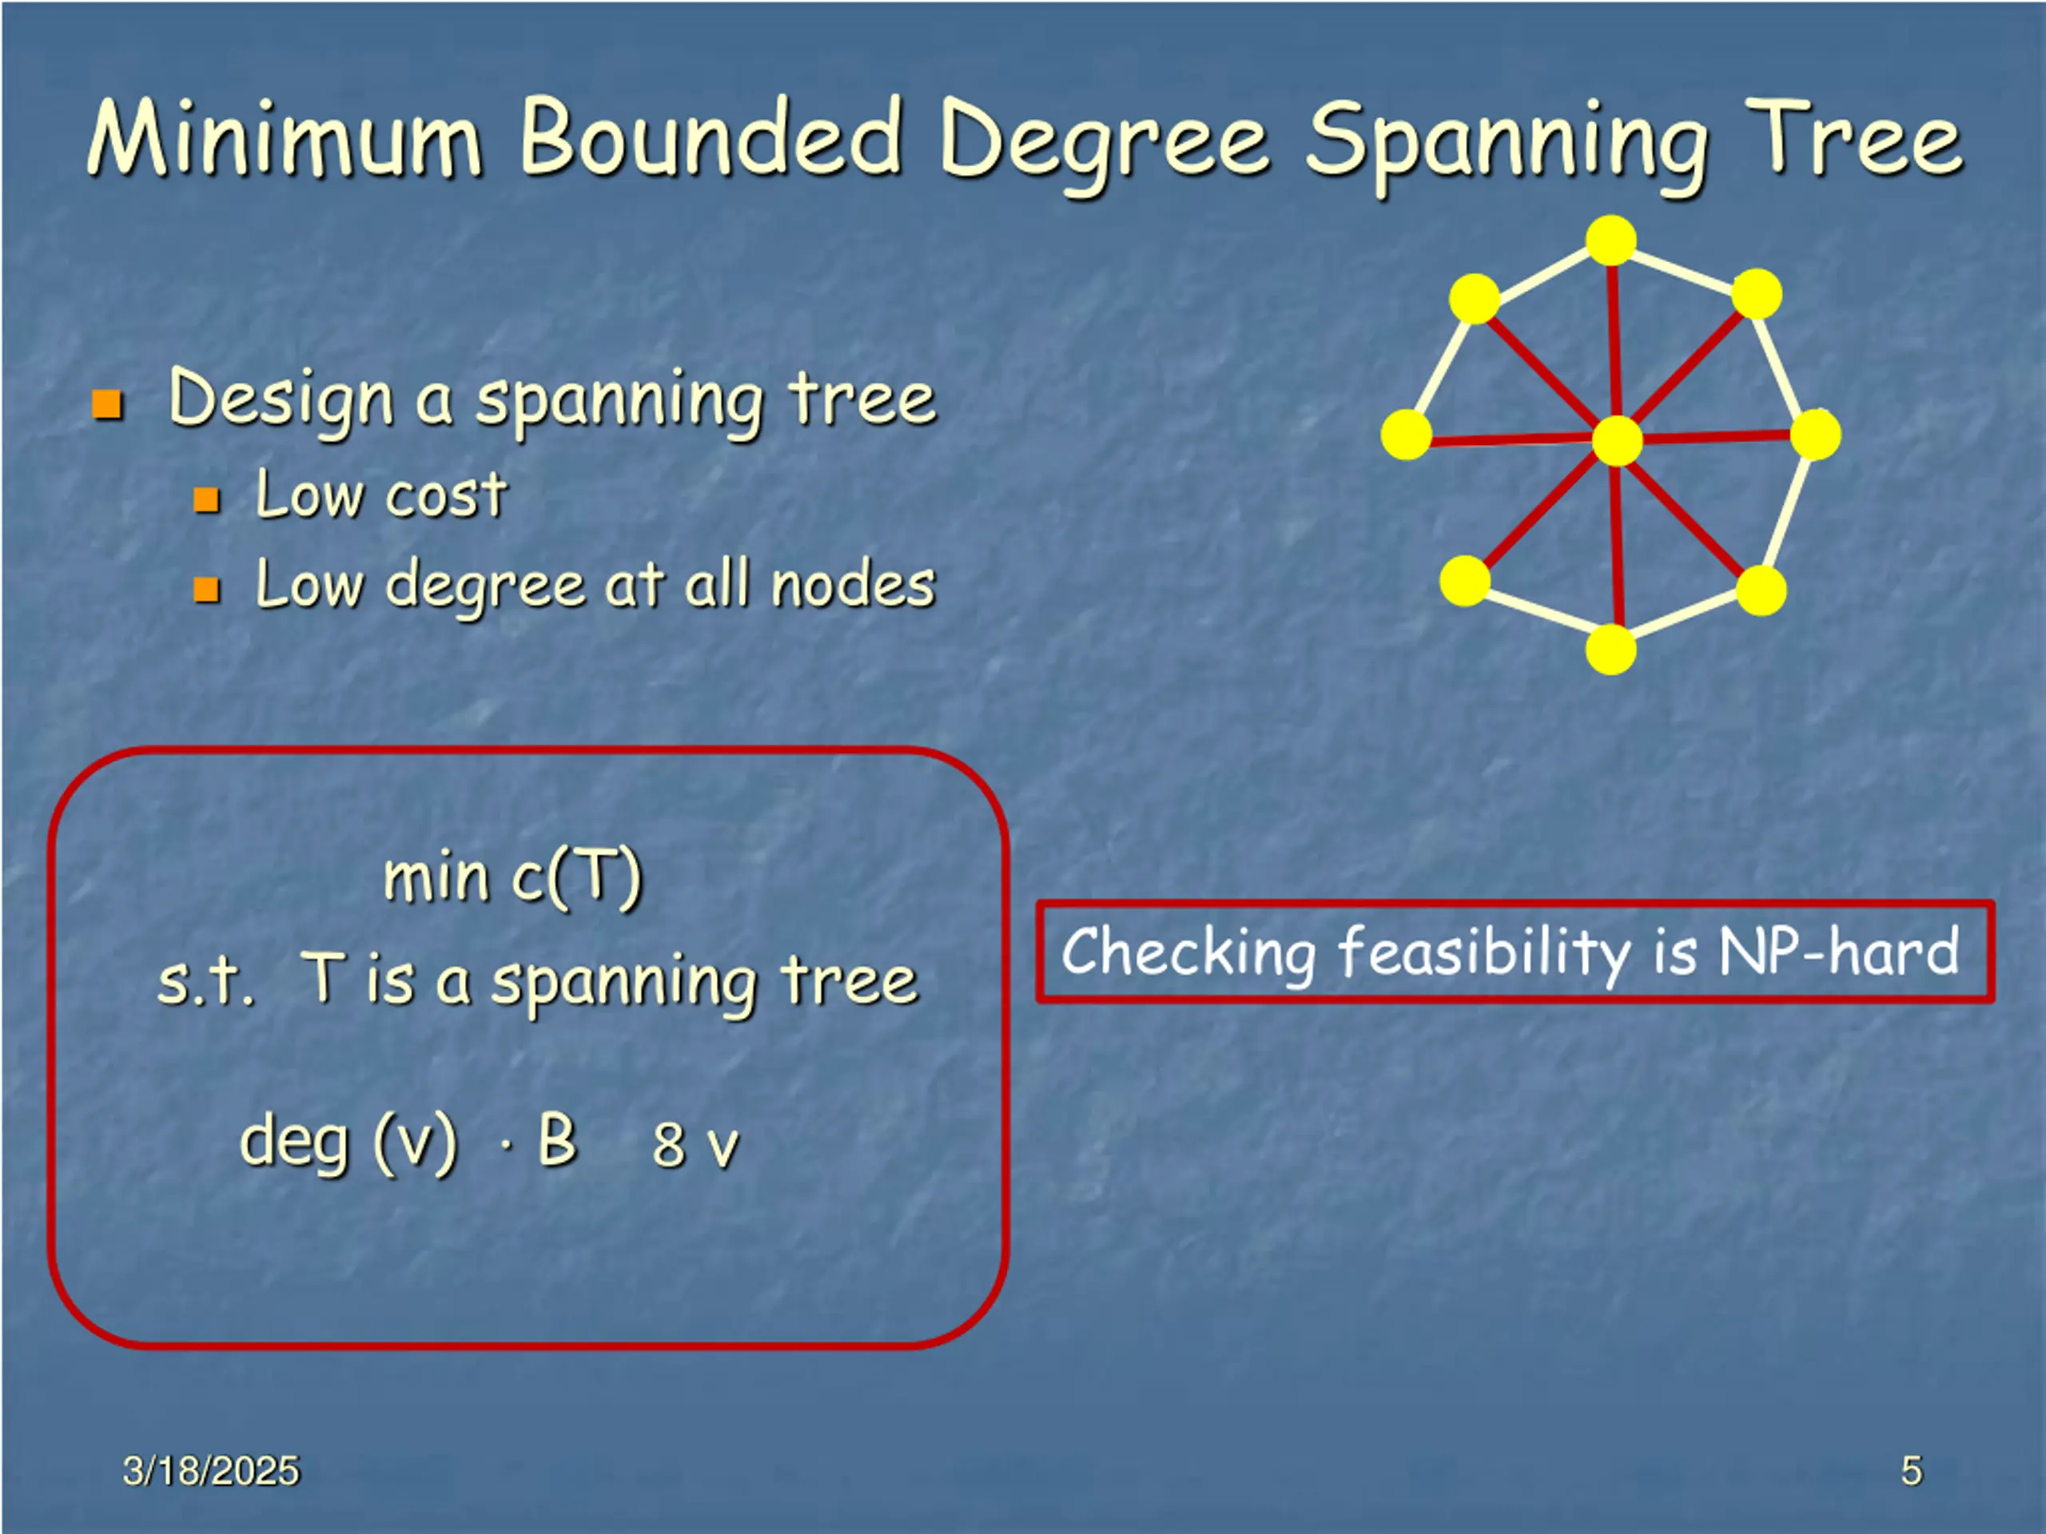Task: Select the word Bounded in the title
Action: tap(711, 139)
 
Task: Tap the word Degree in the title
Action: tap(1105, 143)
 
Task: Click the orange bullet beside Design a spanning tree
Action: tap(108, 404)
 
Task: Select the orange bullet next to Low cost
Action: tap(206, 500)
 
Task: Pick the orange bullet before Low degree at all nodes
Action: tap(206, 589)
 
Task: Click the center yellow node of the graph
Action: tap(1617, 440)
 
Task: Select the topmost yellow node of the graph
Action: tap(1610, 240)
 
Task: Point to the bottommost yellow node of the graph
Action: tap(1610, 649)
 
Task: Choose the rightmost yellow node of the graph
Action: tap(1815, 435)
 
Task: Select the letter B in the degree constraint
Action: tap(557, 1139)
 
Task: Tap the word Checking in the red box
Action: tap(1188, 952)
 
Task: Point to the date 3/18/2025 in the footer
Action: tap(211, 1470)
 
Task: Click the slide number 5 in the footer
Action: tap(1911, 1470)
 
